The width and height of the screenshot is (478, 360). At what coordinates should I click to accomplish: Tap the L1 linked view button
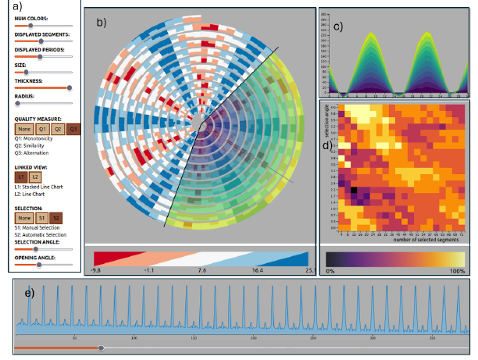pyautogui.click(x=21, y=178)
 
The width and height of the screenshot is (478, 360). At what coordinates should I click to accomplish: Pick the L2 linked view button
pyautogui.click(x=34, y=178)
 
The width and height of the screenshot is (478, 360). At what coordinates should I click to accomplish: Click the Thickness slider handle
pyautogui.click(x=70, y=87)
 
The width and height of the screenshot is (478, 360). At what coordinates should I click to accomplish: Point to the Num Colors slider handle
pyautogui.click(x=29, y=27)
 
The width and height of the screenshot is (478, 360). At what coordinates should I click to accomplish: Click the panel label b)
pyautogui.click(x=102, y=23)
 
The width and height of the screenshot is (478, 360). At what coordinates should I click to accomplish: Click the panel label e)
pyautogui.click(x=30, y=293)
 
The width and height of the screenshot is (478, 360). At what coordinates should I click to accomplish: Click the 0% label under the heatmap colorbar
pyautogui.click(x=330, y=270)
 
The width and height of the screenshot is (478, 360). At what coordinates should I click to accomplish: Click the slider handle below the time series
pyautogui.click(x=100, y=348)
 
